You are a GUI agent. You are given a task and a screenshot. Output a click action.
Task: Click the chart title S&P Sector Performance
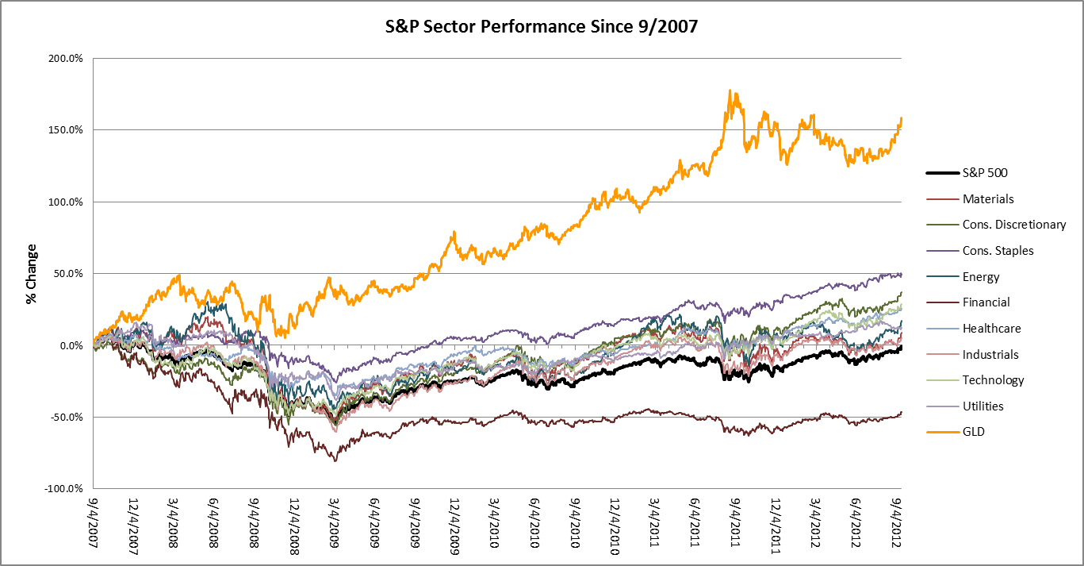[x=542, y=27]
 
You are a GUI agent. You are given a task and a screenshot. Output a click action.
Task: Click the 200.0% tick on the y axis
[x=67, y=58]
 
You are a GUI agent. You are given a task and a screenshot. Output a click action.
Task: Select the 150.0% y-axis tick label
[x=67, y=129]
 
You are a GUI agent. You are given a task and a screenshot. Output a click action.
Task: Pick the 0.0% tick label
[x=72, y=345]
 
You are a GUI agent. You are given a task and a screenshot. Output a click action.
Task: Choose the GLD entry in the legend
[x=974, y=432]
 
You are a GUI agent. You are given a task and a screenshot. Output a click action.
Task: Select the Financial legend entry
[x=986, y=302]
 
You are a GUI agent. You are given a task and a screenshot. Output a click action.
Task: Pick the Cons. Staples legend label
[x=998, y=251]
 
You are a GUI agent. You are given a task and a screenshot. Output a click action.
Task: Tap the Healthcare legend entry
[x=991, y=329]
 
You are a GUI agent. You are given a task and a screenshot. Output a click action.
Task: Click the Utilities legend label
[x=982, y=406]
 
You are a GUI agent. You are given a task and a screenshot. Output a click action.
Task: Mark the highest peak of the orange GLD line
[x=730, y=91]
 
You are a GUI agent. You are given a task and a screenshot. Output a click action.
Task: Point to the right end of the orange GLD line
[x=902, y=118]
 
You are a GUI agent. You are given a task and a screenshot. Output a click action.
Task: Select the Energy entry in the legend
[x=981, y=277]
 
